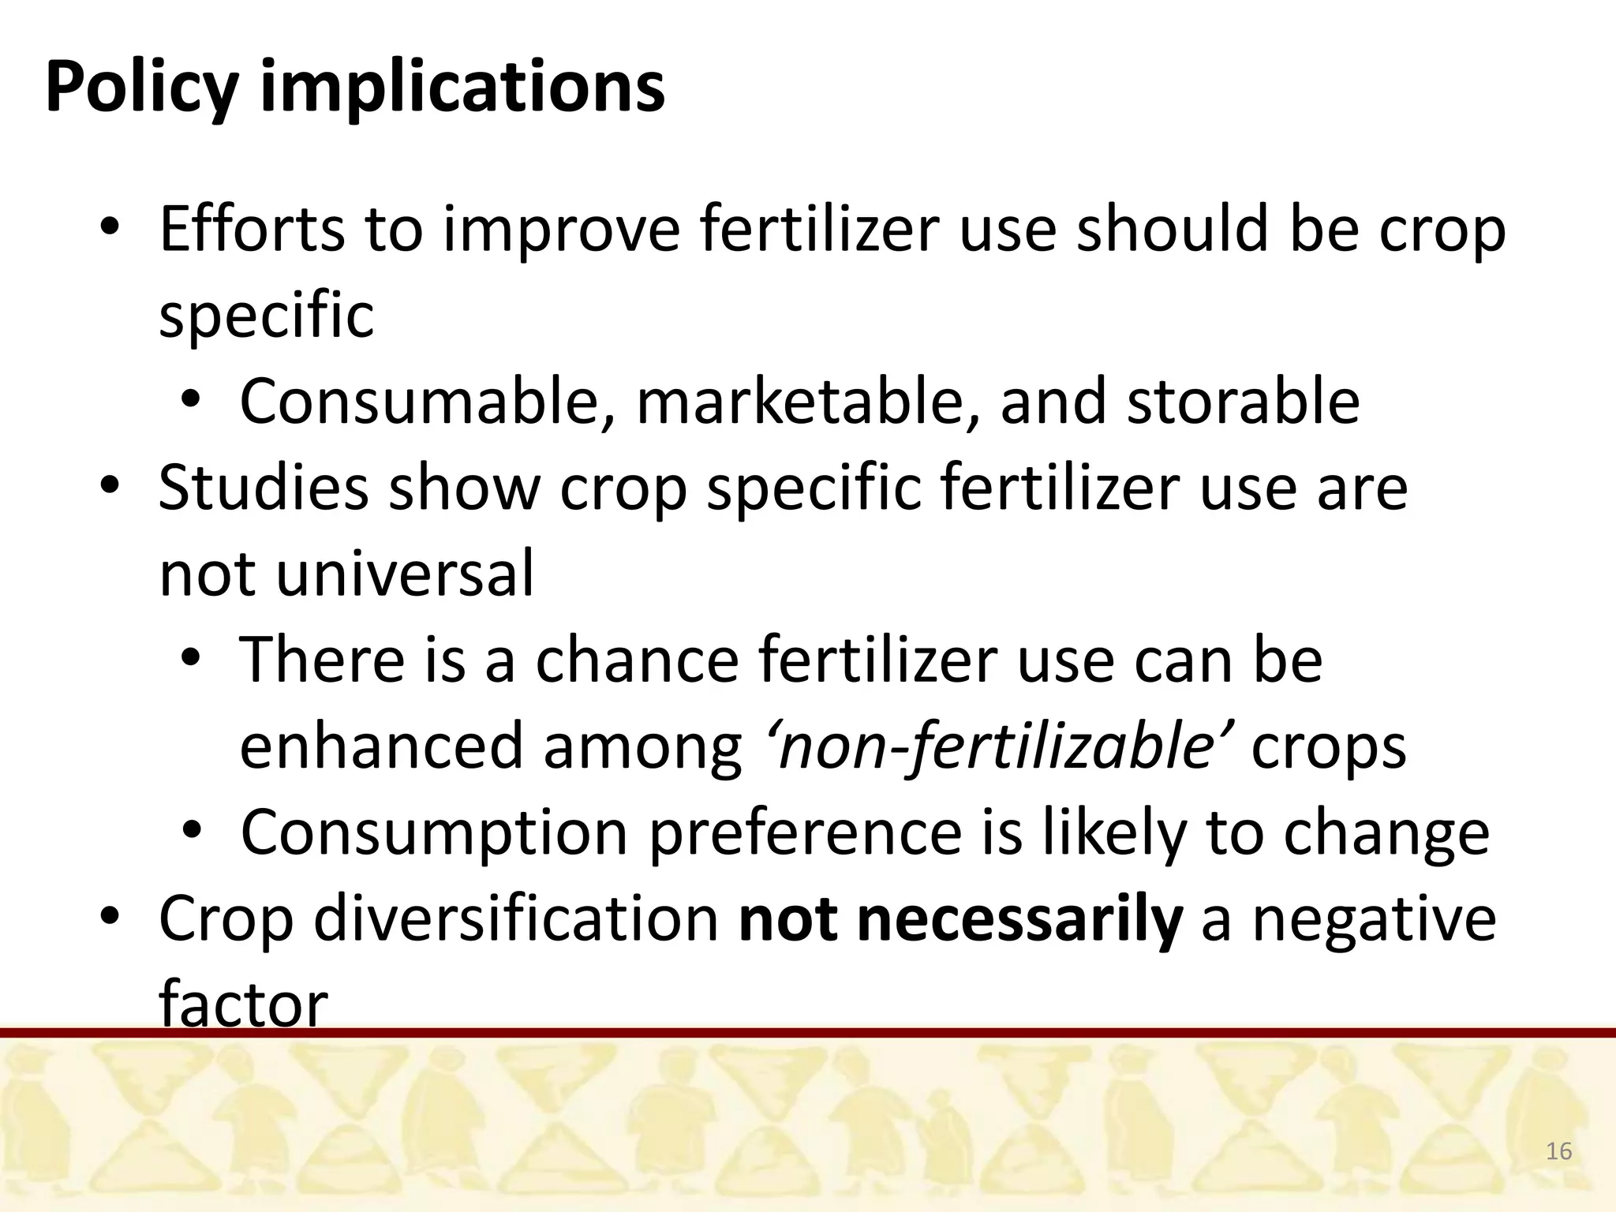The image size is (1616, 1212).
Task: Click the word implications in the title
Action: tap(462, 88)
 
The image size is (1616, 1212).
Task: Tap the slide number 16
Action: tap(1558, 1151)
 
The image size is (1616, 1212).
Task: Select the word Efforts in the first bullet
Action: tap(251, 229)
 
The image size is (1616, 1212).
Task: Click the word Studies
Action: tap(264, 488)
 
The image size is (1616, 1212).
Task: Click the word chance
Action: tap(637, 660)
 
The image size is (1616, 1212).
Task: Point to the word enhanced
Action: tap(381, 746)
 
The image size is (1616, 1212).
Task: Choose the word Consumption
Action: tap(434, 833)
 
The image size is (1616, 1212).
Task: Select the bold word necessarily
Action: tap(1019, 918)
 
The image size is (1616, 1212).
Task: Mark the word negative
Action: tap(1374, 918)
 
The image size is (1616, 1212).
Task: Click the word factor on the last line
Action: tap(243, 1004)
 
